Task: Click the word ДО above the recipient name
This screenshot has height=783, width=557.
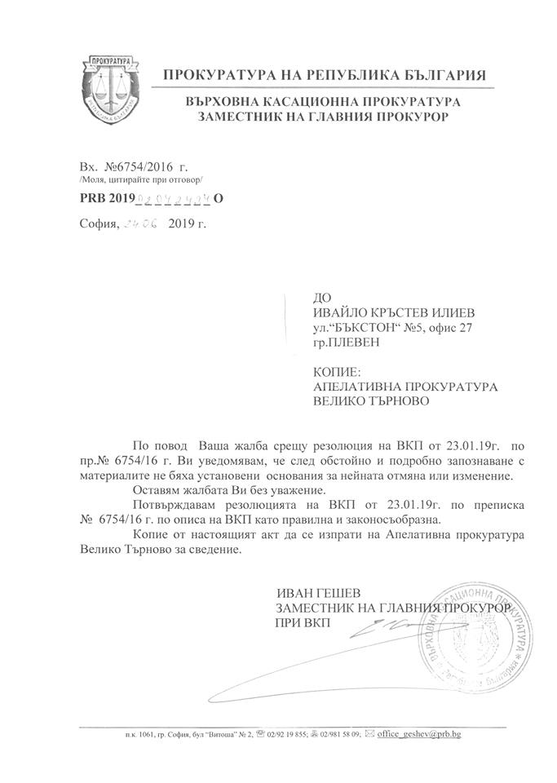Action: click(x=322, y=299)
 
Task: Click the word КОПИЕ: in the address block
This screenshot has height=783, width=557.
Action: click(x=336, y=372)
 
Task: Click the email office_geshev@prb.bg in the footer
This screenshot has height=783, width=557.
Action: click(x=418, y=734)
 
